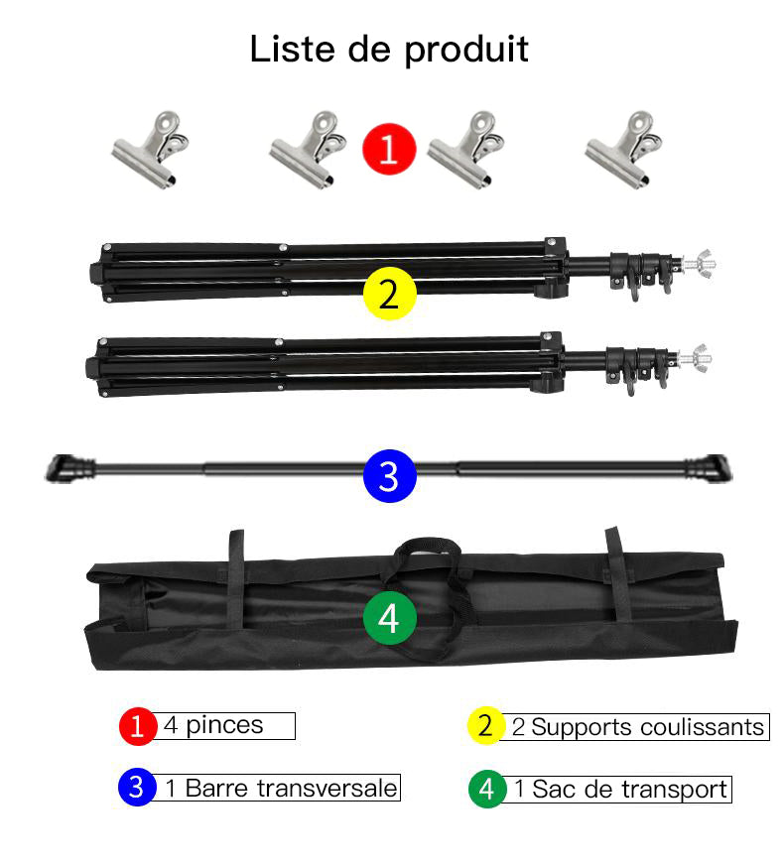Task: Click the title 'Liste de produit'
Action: [389, 49]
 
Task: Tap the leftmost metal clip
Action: [150, 151]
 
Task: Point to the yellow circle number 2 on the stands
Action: [389, 294]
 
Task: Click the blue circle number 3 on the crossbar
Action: [389, 476]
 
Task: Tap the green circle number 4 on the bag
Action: [389, 617]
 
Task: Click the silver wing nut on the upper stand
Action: [702, 263]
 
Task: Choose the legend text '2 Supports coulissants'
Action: [637, 727]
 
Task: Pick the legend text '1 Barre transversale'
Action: [281, 789]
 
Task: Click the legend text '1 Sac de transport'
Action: [620, 790]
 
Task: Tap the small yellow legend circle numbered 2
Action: [484, 726]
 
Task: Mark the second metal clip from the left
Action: [307, 151]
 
